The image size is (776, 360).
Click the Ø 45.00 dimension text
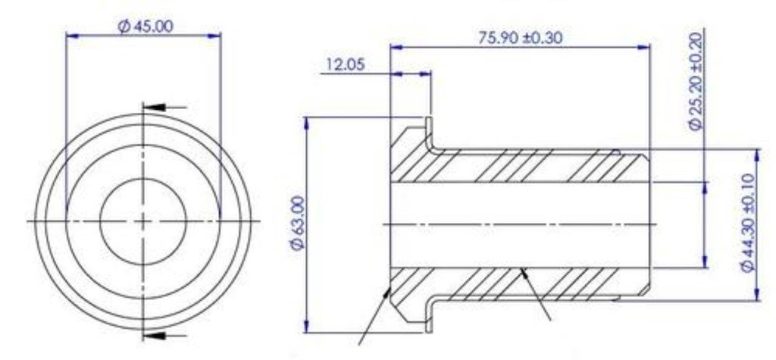145,27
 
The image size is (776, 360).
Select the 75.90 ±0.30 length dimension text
520,38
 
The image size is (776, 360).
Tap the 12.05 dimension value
345,64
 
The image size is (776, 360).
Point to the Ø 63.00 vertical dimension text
299,224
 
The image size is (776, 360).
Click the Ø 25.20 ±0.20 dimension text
696,81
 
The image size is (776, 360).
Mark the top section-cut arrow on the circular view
153,107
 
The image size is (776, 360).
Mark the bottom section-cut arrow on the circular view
153,336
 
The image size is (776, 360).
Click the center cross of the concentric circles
143,221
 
